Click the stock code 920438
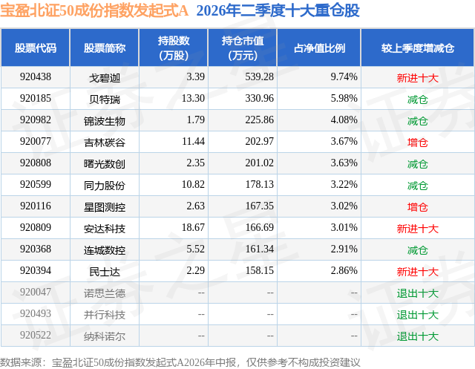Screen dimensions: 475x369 pos(36,77)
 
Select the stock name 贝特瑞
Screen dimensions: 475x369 pos(105,99)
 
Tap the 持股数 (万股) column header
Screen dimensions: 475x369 pos(174,48)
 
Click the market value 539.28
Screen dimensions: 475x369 pos(259,77)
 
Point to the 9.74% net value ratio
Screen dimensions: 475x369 pos(344,77)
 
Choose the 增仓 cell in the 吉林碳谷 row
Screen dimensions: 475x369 pos(417,143)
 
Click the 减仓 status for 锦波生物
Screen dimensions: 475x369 pos(417,121)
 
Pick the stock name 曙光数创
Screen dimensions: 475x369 pos(105,164)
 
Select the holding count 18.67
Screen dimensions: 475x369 pos(193,227)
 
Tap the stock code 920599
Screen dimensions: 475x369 pos(36,184)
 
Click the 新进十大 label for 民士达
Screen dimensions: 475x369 pos(417,272)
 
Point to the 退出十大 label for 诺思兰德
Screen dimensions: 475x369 pos(417,293)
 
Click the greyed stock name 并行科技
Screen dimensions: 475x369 pos(105,315)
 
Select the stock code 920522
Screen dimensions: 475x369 pos(36,335)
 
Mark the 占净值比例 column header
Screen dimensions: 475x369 pos(319,48)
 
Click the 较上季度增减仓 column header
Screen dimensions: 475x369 pos(417,48)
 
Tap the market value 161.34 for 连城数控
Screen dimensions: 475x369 pos(259,249)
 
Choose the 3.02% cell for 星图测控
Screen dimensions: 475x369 pos(344,206)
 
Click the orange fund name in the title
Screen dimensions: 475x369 pos(94,10)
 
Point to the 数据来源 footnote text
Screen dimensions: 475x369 pos(180,362)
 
